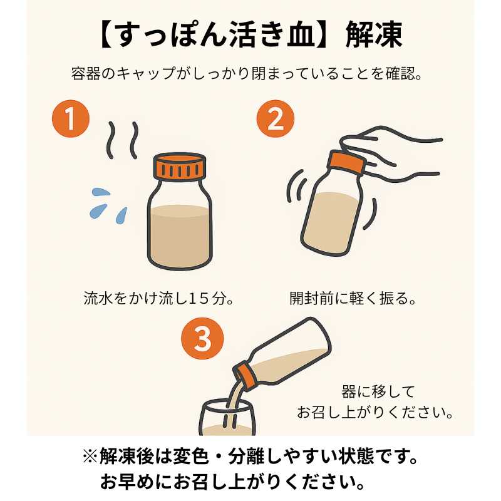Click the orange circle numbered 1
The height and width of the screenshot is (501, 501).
70,119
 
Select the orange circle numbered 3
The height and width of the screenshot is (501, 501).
202,339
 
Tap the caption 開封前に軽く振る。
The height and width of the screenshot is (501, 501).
354,297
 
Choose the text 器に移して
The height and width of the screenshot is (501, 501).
378,392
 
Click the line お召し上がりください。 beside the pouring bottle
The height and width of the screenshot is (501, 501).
375,413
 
